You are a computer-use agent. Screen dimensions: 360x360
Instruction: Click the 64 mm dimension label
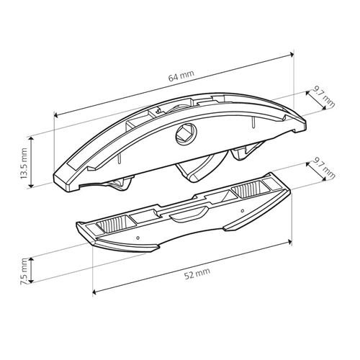(x=181, y=76)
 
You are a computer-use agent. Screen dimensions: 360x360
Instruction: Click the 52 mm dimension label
(x=197, y=274)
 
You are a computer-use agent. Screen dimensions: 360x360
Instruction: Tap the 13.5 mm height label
(x=24, y=163)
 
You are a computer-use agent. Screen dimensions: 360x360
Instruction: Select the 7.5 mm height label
(x=24, y=271)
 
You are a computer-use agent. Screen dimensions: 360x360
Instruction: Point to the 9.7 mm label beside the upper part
(x=324, y=98)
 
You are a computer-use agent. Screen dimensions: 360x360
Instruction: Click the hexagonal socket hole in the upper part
(x=186, y=135)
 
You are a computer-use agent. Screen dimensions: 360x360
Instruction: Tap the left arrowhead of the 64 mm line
(x=56, y=115)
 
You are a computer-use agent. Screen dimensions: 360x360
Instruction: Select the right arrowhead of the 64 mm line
(x=292, y=55)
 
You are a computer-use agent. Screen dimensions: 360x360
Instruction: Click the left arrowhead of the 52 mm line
(x=94, y=292)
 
